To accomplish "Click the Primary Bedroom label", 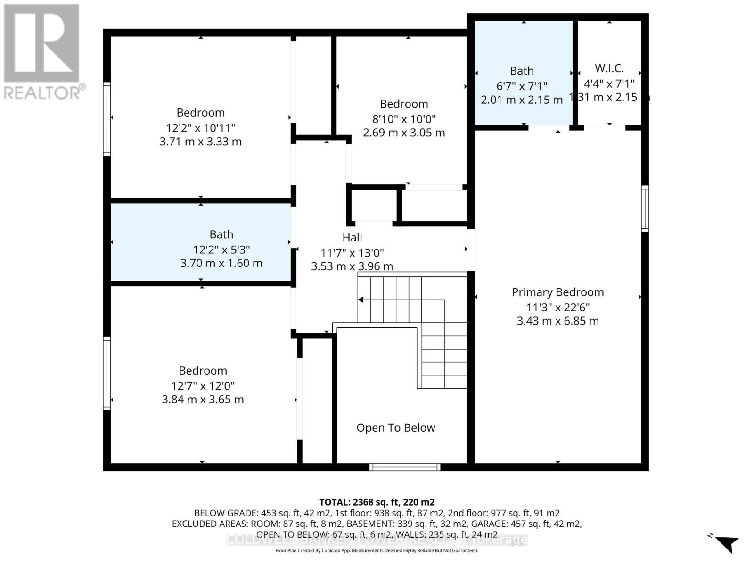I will (x=557, y=292).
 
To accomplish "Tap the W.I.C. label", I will (x=609, y=68).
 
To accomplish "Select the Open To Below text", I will (x=395, y=427).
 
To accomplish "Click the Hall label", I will (x=352, y=237).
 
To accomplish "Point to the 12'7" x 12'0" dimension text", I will (x=203, y=385).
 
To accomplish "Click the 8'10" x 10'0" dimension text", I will (x=404, y=118).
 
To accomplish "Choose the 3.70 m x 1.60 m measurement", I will (x=221, y=263).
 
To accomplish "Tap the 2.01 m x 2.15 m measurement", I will (x=521, y=100).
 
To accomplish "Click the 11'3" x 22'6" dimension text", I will (x=557, y=307).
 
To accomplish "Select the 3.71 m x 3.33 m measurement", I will (x=200, y=141).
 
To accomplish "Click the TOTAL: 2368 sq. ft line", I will (x=377, y=502).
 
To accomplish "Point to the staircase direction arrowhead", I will (x=361, y=300).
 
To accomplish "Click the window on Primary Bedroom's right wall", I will (x=645, y=208).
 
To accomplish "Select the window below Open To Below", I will (x=405, y=467).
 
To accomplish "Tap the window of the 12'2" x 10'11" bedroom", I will (x=107, y=118).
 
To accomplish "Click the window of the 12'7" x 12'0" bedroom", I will (x=107, y=373).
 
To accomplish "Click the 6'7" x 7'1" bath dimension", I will (x=521, y=86).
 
